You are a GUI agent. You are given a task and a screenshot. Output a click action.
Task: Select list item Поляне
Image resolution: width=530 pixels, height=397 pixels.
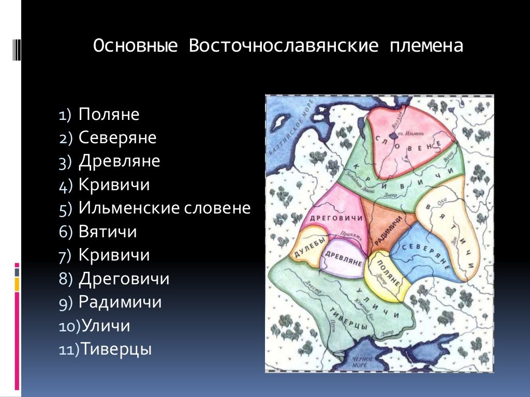click(109, 115)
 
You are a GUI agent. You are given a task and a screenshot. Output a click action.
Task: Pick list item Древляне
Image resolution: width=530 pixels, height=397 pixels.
click(119, 161)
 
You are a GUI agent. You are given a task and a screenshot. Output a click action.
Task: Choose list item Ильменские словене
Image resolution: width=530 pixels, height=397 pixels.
click(164, 208)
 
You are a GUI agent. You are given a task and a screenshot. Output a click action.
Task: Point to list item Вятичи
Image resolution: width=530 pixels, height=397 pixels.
click(108, 232)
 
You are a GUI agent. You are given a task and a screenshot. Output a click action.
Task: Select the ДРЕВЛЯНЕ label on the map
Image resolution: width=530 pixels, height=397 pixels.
click(343, 257)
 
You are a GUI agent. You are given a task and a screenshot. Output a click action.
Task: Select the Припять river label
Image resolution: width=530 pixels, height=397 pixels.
click(346, 234)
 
